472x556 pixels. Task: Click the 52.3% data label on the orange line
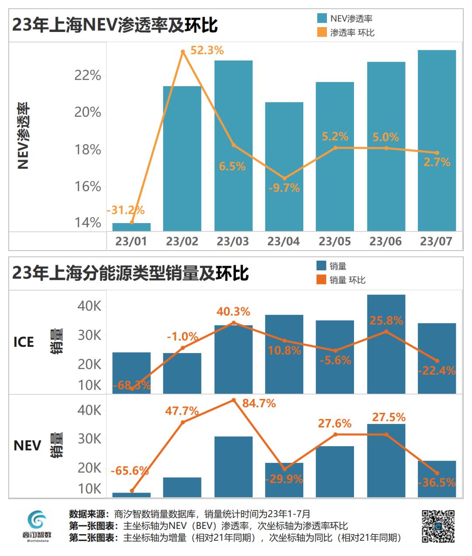click(x=207, y=51)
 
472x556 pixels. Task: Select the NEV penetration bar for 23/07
click(x=437, y=140)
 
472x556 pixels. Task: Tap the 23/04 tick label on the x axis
click(x=284, y=241)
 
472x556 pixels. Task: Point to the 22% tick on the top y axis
click(x=87, y=75)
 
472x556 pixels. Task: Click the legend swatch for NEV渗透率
click(x=322, y=18)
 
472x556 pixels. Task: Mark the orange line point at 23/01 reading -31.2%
click(x=132, y=222)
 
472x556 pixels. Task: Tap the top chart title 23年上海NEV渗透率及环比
click(x=115, y=25)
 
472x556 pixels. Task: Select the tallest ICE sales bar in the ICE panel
click(x=386, y=344)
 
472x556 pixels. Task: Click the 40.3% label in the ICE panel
click(x=233, y=311)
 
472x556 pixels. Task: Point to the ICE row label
click(x=24, y=342)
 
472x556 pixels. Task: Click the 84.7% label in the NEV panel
click(x=259, y=403)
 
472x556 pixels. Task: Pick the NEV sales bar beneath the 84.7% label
click(x=233, y=466)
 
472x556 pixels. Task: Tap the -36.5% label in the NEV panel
click(x=437, y=483)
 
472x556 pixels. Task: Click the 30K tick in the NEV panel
click(x=90, y=439)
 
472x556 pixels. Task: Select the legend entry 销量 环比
click(x=347, y=280)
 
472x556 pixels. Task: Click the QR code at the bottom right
click(x=438, y=526)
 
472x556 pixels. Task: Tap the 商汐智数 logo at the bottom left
click(x=37, y=526)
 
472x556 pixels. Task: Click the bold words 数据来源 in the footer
click(x=89, y=514)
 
